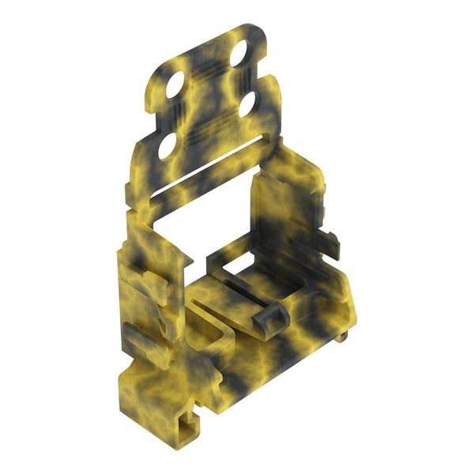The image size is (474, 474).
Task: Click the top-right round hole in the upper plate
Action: coord(239,53)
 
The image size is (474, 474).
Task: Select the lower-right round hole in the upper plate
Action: coord(247,105)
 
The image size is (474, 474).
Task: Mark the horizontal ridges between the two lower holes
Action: coord(209,126)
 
